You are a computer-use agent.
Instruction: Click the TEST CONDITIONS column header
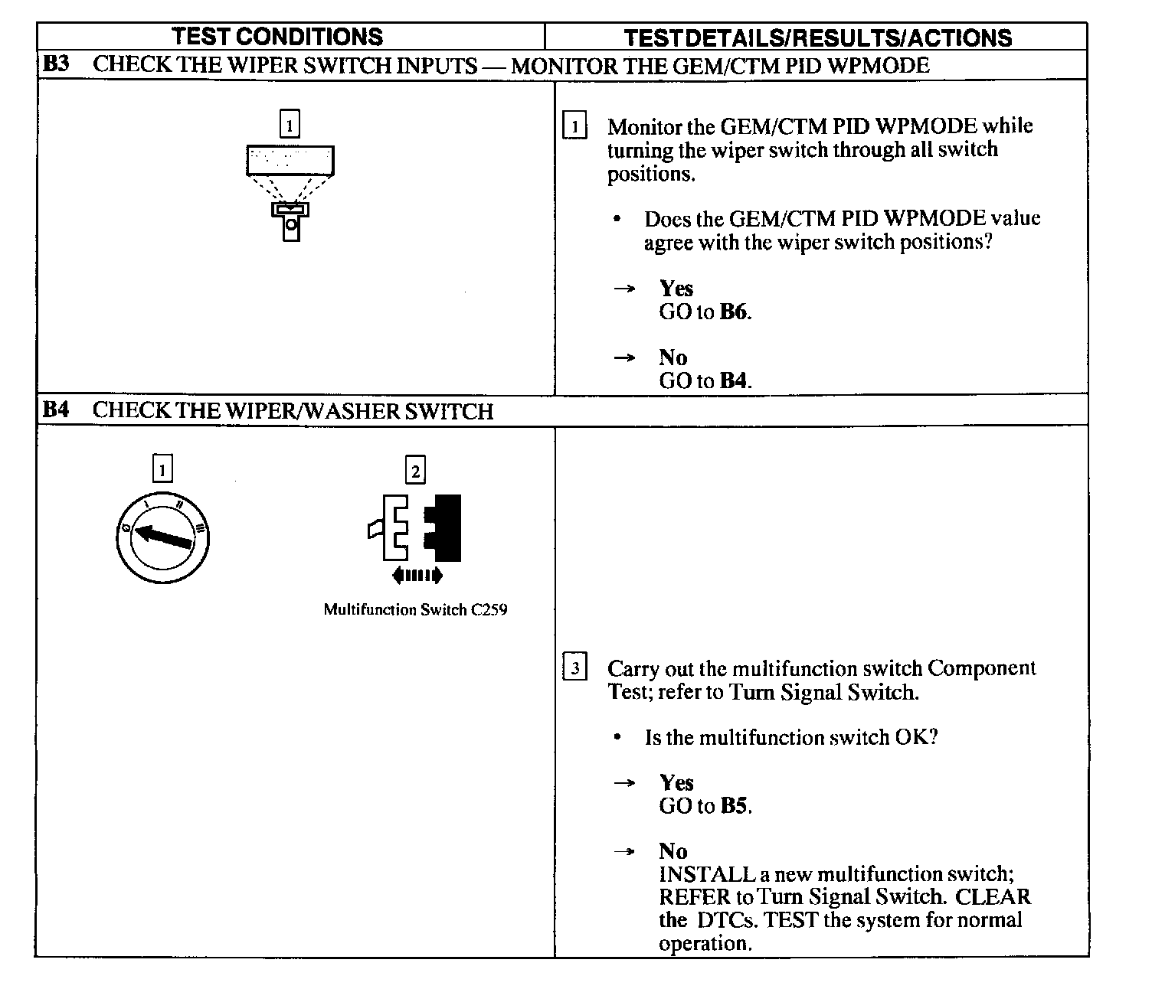coord(277,37)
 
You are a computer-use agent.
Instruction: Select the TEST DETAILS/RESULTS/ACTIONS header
coord(817,38)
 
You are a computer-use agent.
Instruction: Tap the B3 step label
coord(56,64)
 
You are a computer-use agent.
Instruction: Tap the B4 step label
coord(56,410)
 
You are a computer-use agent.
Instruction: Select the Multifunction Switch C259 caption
coord(415,610)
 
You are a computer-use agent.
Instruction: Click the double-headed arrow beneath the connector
coord(417,576)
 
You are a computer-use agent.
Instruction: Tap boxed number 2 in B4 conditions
coord(416,471)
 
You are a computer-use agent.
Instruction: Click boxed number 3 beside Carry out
coord(575,667)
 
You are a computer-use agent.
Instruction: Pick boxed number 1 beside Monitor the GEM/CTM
coord(575,126)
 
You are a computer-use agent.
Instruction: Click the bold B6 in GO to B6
coord(734,312)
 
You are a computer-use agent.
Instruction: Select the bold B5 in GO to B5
coord(734,806)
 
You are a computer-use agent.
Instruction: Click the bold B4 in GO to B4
coord(734,381)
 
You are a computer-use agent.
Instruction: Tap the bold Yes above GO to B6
coord(676,289)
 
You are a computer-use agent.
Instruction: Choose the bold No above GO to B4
coord(673,357)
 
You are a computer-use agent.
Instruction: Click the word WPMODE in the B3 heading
coord(879,65)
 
